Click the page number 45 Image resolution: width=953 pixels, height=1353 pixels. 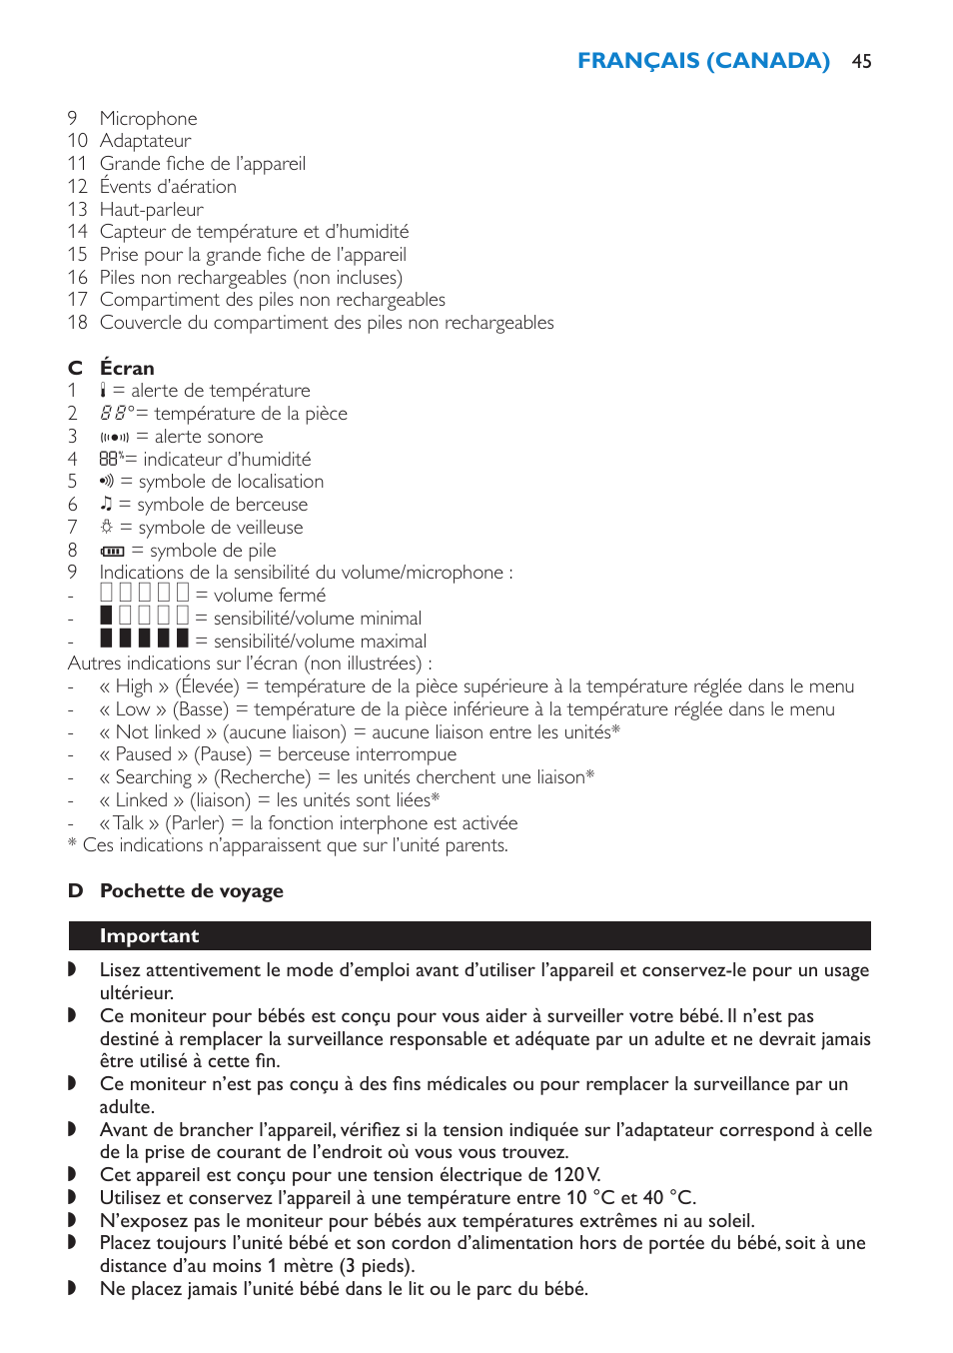861,62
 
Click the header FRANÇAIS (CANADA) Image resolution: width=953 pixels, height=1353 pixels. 703,61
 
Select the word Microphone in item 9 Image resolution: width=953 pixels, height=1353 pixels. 148,119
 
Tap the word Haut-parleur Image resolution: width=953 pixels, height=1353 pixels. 151,210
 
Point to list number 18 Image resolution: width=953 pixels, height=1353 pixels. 78,323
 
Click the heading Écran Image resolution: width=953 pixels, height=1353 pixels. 127,368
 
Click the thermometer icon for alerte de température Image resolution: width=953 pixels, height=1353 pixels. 103,391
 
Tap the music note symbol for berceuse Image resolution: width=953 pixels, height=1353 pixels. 106,505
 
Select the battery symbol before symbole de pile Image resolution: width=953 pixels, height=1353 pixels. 112,551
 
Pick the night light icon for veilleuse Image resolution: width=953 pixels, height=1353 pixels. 106,528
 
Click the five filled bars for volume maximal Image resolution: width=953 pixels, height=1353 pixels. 144,640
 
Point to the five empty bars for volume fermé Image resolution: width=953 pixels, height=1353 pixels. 144,594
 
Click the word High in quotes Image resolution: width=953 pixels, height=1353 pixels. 134,686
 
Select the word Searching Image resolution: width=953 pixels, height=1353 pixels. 153,777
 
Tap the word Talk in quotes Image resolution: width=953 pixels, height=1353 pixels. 129,823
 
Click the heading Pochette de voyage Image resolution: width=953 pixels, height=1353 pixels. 191,891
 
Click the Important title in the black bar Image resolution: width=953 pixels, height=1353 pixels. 149,936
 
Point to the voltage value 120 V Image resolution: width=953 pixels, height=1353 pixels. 576,1175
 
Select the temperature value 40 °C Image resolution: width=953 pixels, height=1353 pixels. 667,1198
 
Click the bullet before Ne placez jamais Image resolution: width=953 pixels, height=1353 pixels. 72,1288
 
